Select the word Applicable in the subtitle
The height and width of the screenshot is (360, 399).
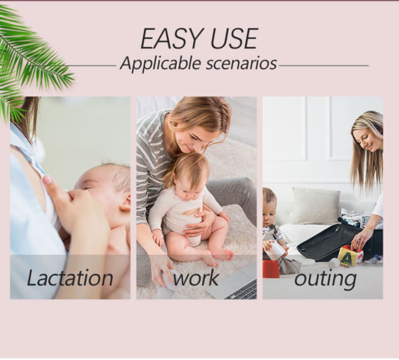160,63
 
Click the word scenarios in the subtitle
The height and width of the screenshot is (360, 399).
241,63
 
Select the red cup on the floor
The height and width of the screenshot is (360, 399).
271,269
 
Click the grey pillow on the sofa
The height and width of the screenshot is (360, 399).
316,206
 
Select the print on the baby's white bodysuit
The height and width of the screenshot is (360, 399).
191,211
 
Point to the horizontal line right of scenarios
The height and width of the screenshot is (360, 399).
324,66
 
